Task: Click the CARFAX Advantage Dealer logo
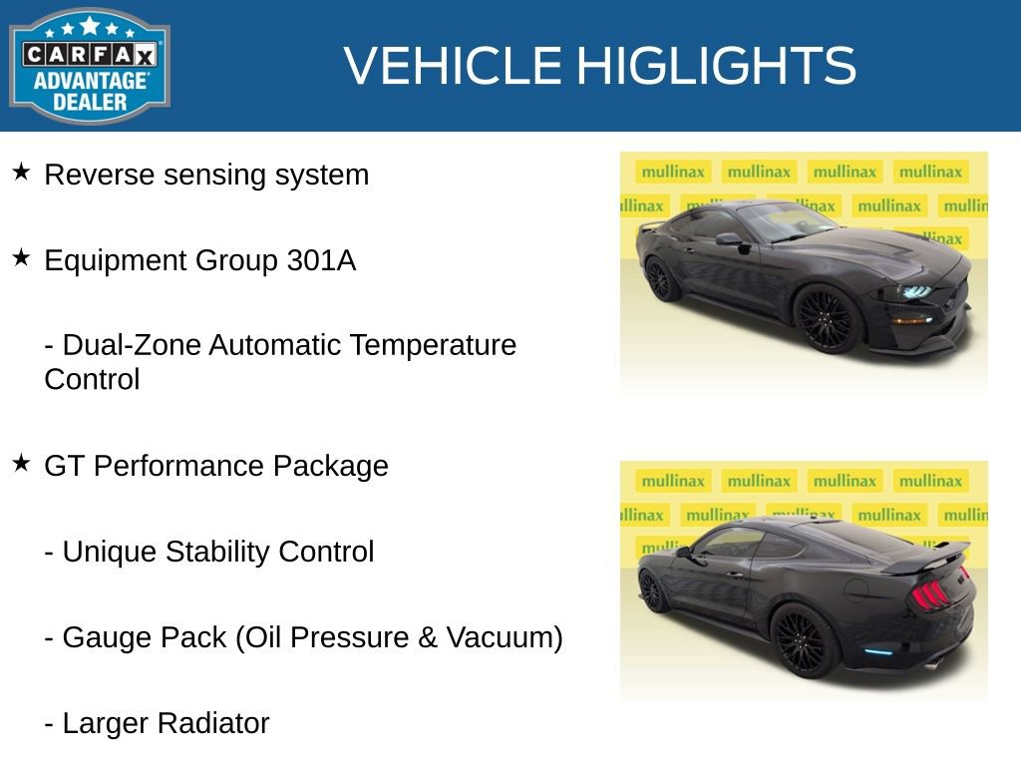tap(90, 66)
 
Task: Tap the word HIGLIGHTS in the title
tap(716, 66)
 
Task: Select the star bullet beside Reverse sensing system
tap(21, 173)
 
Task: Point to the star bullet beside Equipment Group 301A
tap(21, 258)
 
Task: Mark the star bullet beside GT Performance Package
tap(21, 464)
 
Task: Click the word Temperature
tap(437, 345)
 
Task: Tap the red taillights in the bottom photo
tap(930, 593)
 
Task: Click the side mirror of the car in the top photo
tap(728, 239)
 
